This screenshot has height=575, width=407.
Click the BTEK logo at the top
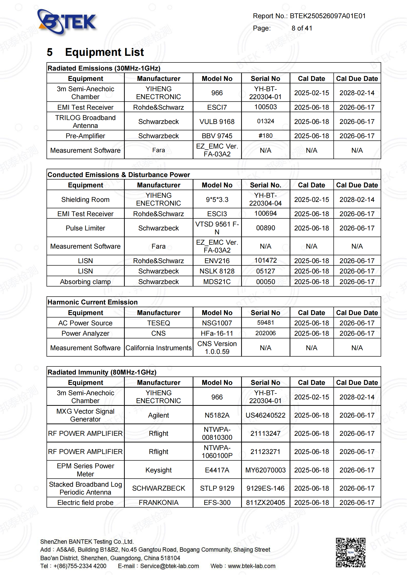click(67, 22)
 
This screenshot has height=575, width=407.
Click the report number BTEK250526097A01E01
click(327, 16)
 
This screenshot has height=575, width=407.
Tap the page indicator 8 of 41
click(302, 28)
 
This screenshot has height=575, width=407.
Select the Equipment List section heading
click(104, 52)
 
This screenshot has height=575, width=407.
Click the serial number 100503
click(266, 107)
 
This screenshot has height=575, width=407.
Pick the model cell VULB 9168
click(217, 121)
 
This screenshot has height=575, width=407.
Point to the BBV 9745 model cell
click(217, 136)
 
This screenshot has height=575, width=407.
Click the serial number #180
click(266, 136)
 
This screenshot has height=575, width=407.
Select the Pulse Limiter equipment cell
click(85, 228)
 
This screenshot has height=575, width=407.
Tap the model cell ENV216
click(217, 261)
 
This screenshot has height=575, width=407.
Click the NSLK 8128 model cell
click(217, 271)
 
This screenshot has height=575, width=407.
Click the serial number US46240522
click(266, 415)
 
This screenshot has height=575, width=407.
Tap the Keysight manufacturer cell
click(158, 470)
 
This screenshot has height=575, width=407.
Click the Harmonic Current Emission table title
click(93, 302)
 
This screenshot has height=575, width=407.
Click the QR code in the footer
click(350, 552)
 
